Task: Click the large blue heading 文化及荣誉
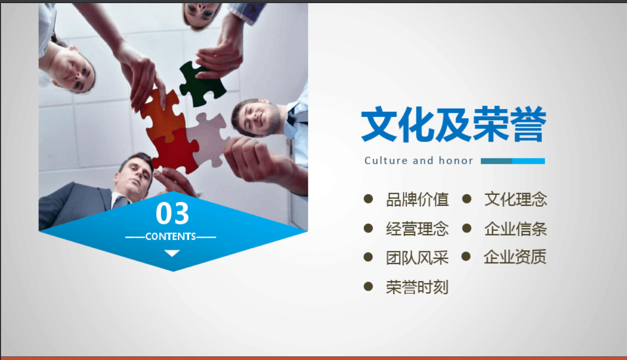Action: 454,124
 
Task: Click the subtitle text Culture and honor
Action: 419,161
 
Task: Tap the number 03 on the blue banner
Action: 172,213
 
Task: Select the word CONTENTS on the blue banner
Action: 171,237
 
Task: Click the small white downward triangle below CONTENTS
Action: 172,253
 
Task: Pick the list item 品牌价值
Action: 417,199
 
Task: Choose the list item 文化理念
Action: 516,199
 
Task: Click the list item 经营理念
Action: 417,229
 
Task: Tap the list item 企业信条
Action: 516,229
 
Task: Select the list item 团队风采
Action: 417,258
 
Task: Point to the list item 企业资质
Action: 515,257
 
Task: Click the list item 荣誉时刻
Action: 417,287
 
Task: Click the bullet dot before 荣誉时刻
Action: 368,286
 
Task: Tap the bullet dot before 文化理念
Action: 467,198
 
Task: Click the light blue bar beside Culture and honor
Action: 529,161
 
